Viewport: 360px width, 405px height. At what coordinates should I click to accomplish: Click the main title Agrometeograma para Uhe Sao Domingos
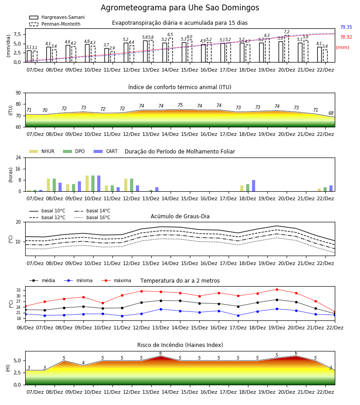pos(180,8)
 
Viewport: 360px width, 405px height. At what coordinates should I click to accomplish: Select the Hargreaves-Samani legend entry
pos(57,17)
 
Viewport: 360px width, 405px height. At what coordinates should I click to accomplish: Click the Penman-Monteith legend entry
pos(55,24)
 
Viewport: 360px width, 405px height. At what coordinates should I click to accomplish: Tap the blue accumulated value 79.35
pos(346,27)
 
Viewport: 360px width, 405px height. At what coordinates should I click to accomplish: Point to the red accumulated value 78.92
pos(346,37)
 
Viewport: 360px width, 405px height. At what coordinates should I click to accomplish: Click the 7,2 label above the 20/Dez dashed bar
pos(287,32)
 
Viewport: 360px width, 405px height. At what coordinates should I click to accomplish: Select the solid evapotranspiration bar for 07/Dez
pos(29,56)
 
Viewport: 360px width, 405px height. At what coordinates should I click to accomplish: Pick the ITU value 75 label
pos(180,105)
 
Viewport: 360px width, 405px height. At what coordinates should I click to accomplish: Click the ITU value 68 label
pos(331,113)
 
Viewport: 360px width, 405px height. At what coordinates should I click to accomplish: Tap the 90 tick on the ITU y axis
pos(18,93)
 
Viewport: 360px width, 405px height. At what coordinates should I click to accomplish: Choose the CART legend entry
pos(105,151)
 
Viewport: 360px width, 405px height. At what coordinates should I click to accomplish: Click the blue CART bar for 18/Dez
pos(254,186)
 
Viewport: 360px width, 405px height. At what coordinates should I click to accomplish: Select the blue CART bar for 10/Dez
pos(99,184)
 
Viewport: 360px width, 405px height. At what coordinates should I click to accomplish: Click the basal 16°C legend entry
pos(92,217)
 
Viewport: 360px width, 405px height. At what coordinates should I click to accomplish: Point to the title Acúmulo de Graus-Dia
pos(180,216)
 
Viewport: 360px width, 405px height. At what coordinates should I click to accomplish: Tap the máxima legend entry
pos(116,280)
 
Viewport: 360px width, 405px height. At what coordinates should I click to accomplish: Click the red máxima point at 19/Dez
pos(277,289)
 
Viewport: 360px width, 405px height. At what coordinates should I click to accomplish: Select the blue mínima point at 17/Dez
pos(238,315)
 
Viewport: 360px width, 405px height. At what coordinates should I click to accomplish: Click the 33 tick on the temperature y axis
pos(19,290)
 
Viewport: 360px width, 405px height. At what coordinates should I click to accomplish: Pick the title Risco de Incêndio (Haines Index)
pos(180,345)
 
